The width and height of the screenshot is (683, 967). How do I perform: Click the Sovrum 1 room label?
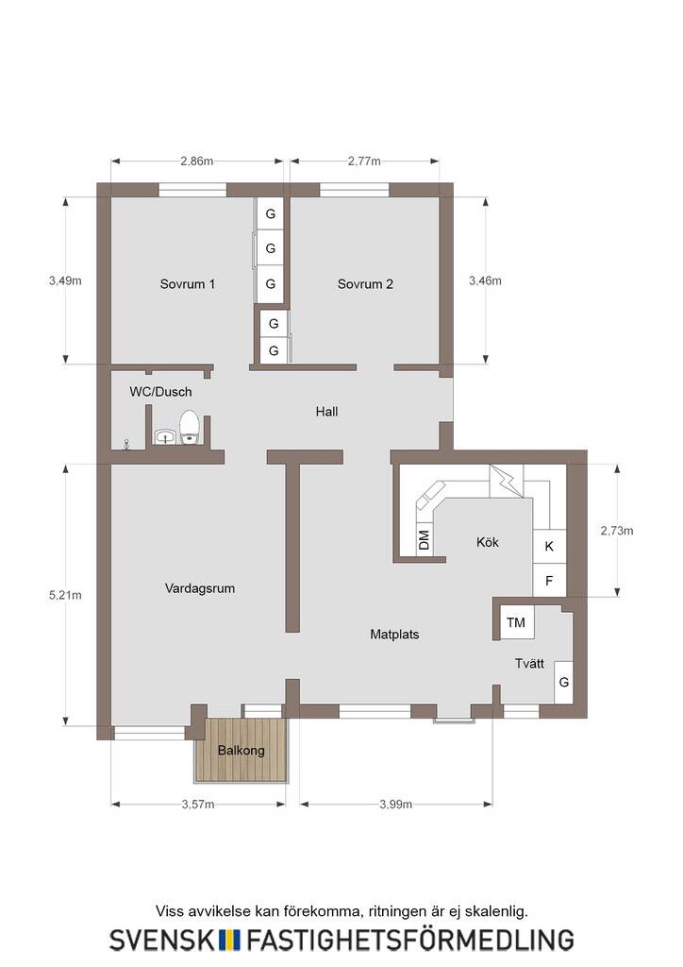pos(187,284)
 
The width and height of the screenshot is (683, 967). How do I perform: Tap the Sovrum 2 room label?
pos(365,284)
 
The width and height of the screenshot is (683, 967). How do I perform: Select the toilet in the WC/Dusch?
pos(190,428)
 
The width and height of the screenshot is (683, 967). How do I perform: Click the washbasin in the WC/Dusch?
pos(165,436)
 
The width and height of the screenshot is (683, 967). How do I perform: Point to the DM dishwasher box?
pos(424,541)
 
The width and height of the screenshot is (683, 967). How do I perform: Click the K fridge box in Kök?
pos(549,547)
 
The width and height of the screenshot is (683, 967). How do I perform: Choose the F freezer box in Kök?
pos(549,581)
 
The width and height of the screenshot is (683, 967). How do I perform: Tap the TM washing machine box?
pos(516,622)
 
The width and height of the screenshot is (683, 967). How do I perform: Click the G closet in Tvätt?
pos(563,682)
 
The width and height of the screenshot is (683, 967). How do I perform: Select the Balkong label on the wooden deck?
pos(241,751)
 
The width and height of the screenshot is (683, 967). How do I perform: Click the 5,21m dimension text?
pos(65,595)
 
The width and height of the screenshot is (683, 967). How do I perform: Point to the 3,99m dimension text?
pos(395,805)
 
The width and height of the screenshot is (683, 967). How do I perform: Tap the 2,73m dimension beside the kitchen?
pos(616,531)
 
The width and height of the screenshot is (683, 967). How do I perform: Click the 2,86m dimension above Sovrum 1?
pos(196,161)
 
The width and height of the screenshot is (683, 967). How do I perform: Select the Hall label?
pos(326,412)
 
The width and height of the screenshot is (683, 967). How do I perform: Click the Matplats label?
pos(394,634)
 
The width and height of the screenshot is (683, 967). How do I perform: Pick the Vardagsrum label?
pos(200,588)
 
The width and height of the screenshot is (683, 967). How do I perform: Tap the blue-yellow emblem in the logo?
pos(230,940)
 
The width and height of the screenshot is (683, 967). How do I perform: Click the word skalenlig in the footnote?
pos(496,911)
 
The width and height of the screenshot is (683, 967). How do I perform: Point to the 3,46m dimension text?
pos(485,280)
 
